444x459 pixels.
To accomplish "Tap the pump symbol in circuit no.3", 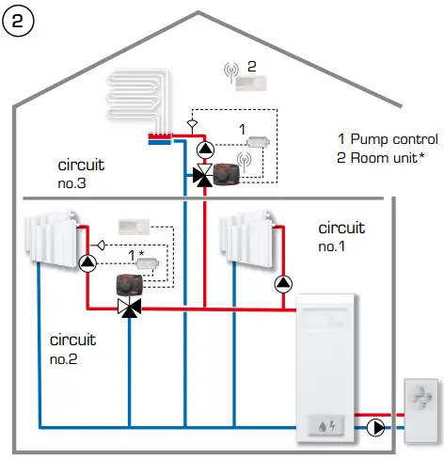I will click(x=204, y=149).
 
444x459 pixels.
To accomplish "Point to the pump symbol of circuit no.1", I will click(x=283, y=282).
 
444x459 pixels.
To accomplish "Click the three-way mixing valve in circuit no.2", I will click(x=128, y=308).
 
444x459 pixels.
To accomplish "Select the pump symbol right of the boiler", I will click(x=376, y=427).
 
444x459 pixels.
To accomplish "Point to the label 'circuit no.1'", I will click(x=340, y=236).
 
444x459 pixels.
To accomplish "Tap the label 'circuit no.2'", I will click(x=70, y=349).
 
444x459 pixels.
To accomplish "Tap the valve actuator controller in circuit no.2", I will click(x=133, y=287).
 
